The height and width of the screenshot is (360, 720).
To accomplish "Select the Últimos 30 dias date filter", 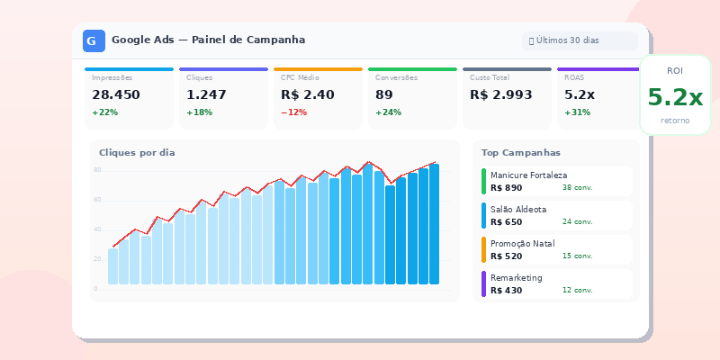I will coord(580,40).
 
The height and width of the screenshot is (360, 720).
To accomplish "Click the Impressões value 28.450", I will coord(116,94).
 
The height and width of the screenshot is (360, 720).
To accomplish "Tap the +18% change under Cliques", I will coord(199,112).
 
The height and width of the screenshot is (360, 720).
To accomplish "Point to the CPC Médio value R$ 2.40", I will coord(308,94).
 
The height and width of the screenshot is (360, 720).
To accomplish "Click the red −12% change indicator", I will coord(293,112).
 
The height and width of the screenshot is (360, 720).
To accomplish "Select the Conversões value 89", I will coord(384,94).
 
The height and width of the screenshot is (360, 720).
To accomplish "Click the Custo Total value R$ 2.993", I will coord(501,94).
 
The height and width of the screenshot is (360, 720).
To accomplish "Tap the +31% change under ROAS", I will coord(577,112).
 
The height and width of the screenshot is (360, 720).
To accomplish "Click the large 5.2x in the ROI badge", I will coord(675,97).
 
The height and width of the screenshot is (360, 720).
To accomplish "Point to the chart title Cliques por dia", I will coord(137,153).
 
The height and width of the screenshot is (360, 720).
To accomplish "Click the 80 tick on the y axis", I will coord(97,169).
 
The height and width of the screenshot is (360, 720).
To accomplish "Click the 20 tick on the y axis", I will coord(97,259).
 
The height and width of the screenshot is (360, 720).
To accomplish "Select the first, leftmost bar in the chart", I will coord(112,266).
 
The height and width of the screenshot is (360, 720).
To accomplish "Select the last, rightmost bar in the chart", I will coord(434,225).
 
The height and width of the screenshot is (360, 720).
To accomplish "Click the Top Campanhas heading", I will coord(521,153).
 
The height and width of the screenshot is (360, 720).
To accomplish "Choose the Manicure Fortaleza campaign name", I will coord(528,175).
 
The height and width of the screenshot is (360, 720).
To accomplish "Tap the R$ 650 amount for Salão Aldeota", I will coord(506,221).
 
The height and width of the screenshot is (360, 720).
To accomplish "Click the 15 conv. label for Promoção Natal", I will coord(577,256).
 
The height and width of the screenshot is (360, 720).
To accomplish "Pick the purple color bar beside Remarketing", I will coord(483,284).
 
